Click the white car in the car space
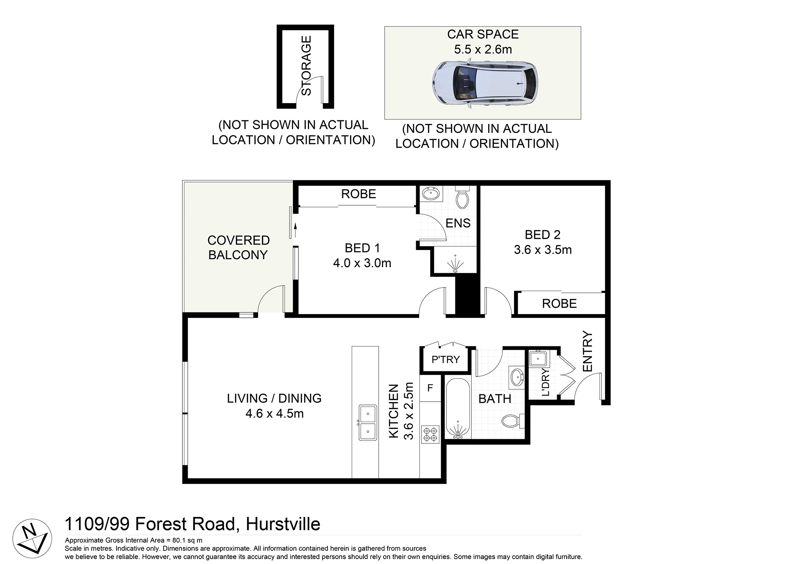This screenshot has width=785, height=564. coord(485,85)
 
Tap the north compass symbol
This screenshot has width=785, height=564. coord(32,538)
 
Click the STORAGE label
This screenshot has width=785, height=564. coord(306,65)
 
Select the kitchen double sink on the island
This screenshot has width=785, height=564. coord(368,422)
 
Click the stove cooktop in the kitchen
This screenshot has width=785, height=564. coord(430,434)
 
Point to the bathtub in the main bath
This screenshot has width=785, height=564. coord(458,409)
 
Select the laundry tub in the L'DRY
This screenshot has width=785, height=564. coord(538,359)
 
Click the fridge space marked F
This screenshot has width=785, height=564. coord(430,388)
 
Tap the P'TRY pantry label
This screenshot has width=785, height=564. coord(446,360)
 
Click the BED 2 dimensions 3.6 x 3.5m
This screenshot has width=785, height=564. coord(543,250)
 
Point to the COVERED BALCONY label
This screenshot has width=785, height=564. coord(238,247)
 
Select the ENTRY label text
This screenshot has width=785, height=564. coord(587,351)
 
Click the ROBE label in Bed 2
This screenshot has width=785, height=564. coord(559,303)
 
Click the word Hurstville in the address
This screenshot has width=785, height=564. coord(283,524)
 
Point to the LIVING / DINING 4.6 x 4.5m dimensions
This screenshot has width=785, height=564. coord(274,413)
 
